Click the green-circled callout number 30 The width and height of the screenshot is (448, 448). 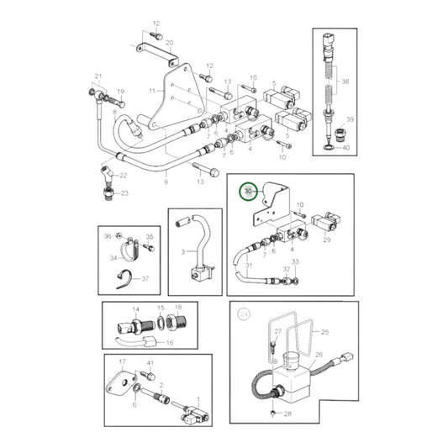(x=248, y=192)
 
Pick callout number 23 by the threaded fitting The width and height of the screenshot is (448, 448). (x=124, y=192)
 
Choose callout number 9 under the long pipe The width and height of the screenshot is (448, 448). (x=166, y=181)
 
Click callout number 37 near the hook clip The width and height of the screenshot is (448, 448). (x=144, y=279)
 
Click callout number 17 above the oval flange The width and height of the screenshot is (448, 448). (x=121, y=362)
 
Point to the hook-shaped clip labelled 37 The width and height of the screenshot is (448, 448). (x=124, y=279)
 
